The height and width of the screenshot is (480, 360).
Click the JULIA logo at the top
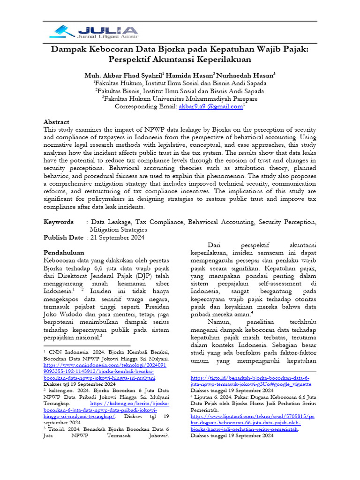(94, 31)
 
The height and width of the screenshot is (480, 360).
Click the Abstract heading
(56, 121)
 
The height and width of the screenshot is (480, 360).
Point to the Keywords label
(59, 222)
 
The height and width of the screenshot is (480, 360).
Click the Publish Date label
(64, 237)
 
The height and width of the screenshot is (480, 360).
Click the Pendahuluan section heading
(64, 253)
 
